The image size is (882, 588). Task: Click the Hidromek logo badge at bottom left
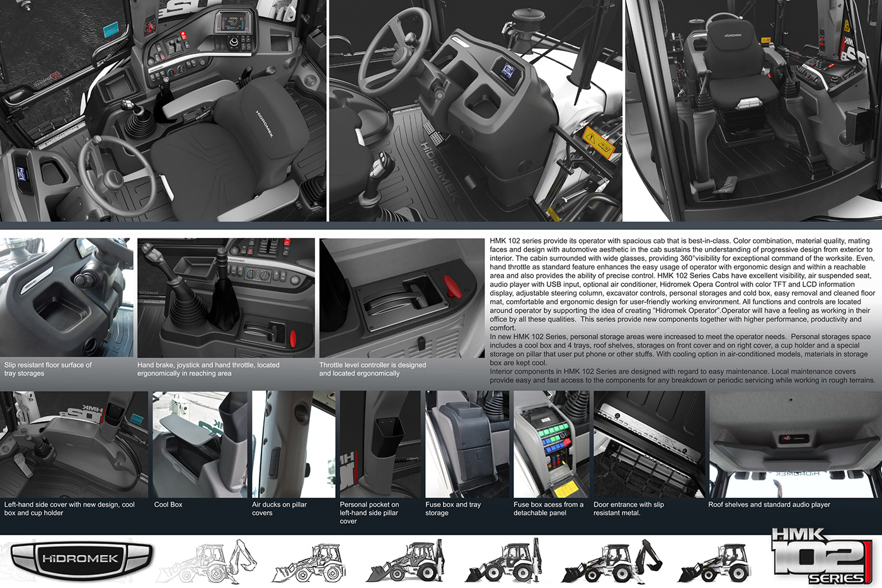(x=81, y=558)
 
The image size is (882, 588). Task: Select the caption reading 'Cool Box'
(x=168, y=504)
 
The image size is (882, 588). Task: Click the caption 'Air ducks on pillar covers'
(x=279, y=509)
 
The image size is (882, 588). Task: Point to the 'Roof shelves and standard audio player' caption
(x=769, y=504)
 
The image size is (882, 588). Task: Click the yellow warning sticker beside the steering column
(x=598, y=142)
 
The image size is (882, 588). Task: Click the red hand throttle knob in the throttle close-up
(x=453, y=286)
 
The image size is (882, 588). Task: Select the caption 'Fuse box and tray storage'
(x=453, y=509)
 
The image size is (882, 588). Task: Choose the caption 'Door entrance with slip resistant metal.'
(x=629, y=509)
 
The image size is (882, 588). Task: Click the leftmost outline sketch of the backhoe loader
(x=207, y=561)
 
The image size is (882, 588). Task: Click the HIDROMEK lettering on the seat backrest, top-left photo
(x=264, y=124)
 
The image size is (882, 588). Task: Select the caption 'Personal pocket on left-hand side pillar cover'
(x=369, y=513)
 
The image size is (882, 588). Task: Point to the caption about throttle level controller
(x=372, y=369)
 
